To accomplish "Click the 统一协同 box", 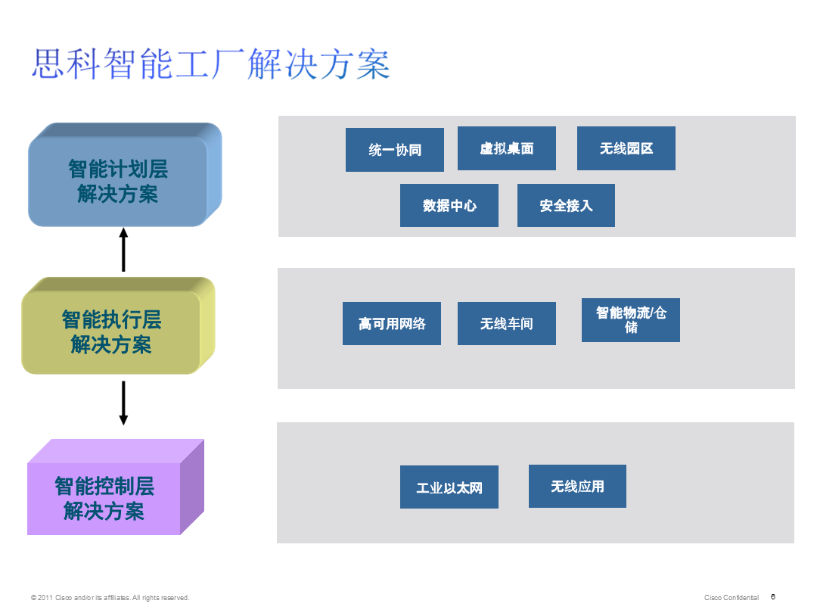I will pos(394,150).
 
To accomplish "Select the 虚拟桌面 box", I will pos(506,148).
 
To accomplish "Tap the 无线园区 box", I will pos(626,148).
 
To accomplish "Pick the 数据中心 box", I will pos(449,205).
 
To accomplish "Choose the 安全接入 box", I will pos(566,205).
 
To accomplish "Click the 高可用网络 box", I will pos(391,324).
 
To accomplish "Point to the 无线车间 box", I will pos(506,324).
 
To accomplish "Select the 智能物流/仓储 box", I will pos(630,320).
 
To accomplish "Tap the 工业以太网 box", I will pos(449,487).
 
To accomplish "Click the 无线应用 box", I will pos(577,486).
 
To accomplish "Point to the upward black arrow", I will pos(123,249).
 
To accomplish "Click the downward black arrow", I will pos(123,403).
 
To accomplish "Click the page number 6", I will pos(773,596).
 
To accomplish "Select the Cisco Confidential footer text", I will pos(731,598).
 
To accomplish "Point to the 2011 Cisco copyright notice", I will pos(110,598).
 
